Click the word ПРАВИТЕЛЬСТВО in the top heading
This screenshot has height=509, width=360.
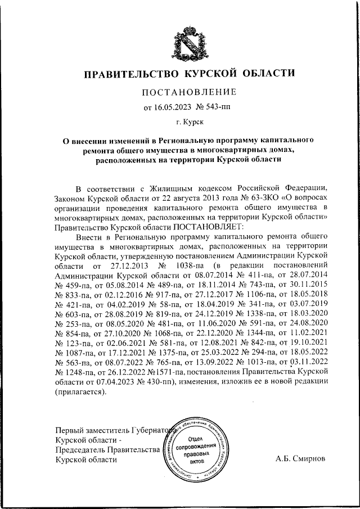click(x=128, y=74)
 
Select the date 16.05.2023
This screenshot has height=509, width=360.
click(x=172, y=106)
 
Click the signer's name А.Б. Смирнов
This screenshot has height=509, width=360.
click(x=300, y=458)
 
